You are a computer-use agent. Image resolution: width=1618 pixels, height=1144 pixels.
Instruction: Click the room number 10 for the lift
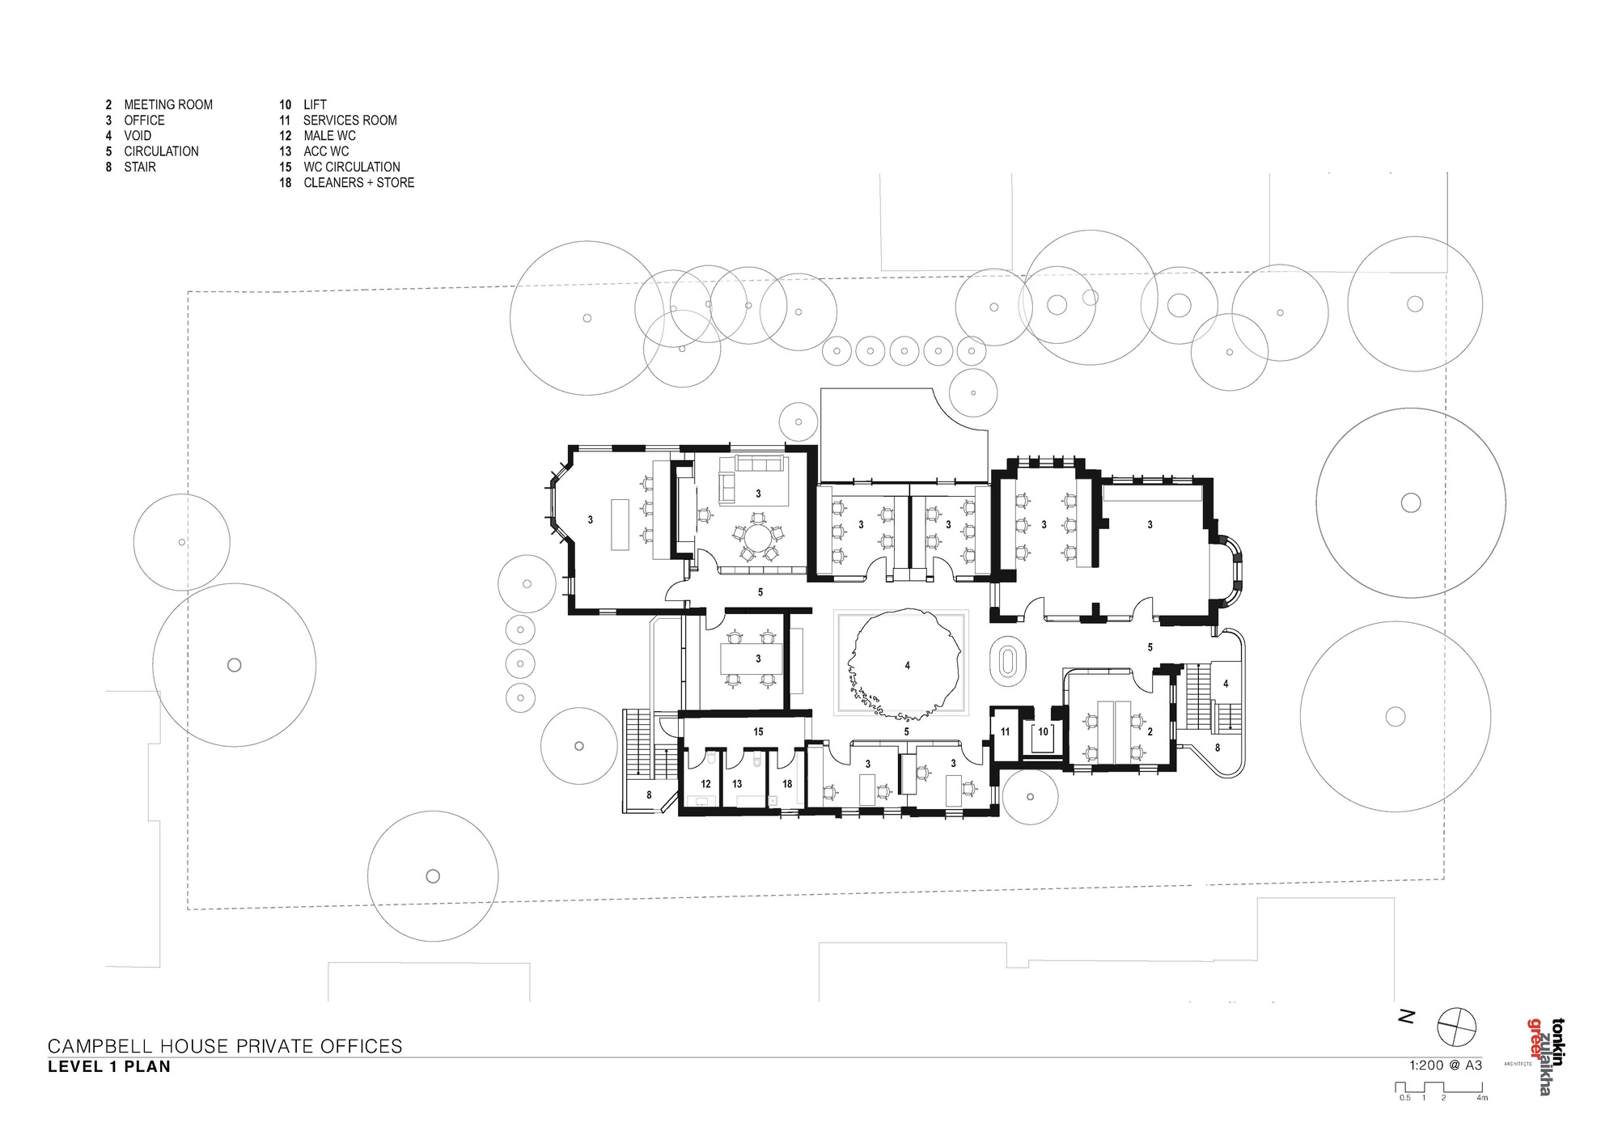coord(1043,731)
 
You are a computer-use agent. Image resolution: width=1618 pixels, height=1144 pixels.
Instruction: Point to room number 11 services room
coord(1005,731)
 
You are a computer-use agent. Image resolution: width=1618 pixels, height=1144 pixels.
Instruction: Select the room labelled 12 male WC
coord(705,784)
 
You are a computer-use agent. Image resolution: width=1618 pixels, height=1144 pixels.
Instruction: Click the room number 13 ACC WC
coord(737,784)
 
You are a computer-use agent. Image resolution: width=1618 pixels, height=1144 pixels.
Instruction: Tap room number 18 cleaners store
coord(787,784)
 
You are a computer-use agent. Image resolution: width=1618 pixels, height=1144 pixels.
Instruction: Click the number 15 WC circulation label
coord(758,731)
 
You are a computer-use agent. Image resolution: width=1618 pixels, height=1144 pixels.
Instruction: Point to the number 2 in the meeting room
coord(1150,731)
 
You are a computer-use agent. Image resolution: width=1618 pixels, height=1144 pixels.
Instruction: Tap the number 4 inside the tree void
coord(908,665)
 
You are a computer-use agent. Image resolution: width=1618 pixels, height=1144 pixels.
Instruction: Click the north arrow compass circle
coord(1456,1027)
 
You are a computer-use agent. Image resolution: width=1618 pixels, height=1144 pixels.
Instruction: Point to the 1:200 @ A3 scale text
coord(1446,1065)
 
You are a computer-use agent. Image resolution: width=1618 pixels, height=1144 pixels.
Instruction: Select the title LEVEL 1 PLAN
coord(109,1066)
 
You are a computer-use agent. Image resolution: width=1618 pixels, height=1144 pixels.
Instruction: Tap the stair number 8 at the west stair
coord(649,795)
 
